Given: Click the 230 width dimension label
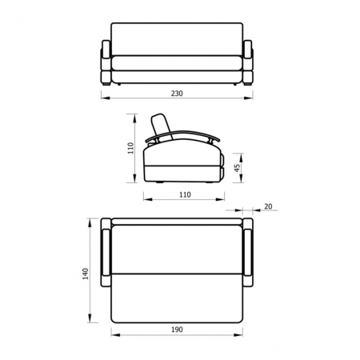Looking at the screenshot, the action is (x=177, y=94).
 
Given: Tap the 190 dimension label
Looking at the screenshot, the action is (x=177, y=330).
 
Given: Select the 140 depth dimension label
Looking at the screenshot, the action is (x=86, y=274).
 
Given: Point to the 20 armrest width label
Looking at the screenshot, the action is (x=268, y=206).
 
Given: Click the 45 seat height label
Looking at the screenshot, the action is (x=237, y=168).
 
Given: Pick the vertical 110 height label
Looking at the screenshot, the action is (x=130, y=148).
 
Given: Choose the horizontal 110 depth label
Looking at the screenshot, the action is (x=185, y=195).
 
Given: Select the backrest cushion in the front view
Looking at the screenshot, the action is (x=177, y=39).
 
